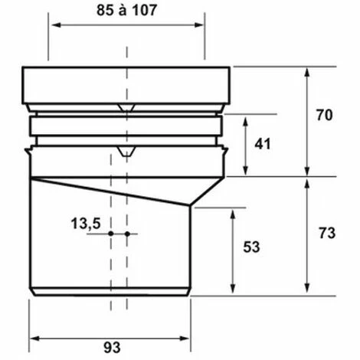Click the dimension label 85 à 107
pyautogui.click(x=126, y=11)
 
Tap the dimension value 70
pyautogui.click(x=325, y=115)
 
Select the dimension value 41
pyautogui.click(x=263, y=144)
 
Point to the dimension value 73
pyautogui.click(x=327, y=233)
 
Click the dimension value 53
pyautogui.click(x=251, y=247)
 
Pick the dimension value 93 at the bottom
pyautogui.click(x=112, y=348)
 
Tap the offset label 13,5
pyautogui.click(x=86, y=224)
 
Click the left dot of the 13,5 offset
pyautogui.click(x=111, y=234)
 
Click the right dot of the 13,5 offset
pyautogui.click(x=127, y=234)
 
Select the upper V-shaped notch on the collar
pyautogui.click(x=126, y=108)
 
